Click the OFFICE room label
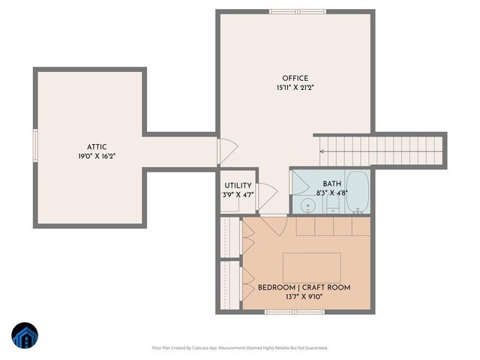point(295,79)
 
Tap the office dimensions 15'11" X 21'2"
point(295,88)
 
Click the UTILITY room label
point(238,185)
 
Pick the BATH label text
point(331,184)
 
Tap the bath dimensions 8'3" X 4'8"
point(331,193)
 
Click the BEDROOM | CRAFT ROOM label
point(304,287)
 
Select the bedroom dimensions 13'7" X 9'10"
point(304,297)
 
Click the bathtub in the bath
point(358,192)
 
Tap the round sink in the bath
point(307,205)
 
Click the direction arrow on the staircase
point(323,151)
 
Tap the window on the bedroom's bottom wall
point(294,311)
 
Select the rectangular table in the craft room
point(311,267)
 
